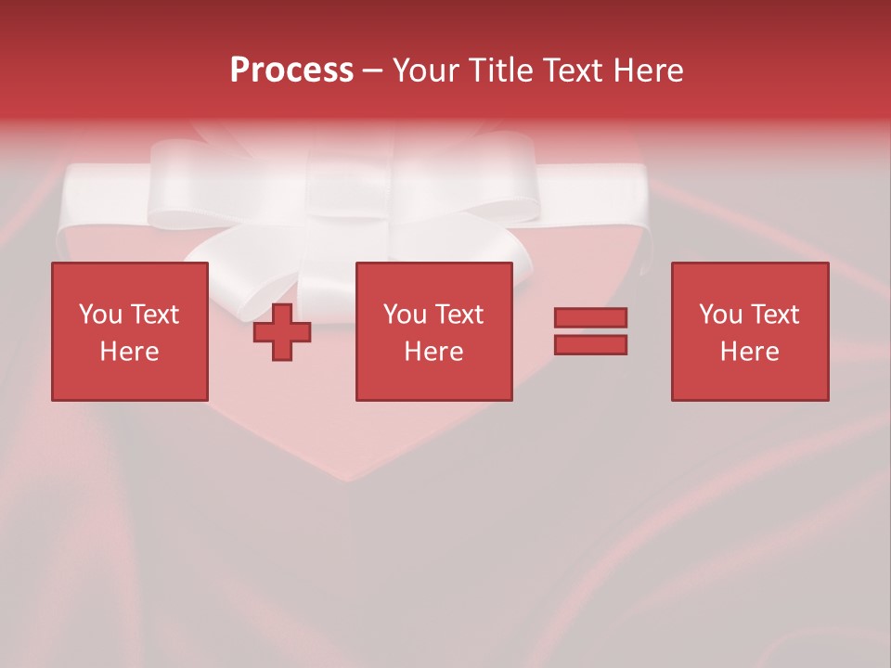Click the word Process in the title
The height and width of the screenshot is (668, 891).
291,71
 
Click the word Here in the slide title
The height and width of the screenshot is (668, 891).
649,71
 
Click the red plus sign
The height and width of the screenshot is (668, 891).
282,332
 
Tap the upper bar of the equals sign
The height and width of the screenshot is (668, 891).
590,317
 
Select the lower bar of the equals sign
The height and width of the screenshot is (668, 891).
590,345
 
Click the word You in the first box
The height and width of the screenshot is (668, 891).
100,315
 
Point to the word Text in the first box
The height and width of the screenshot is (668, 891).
154,315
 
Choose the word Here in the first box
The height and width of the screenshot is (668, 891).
129,352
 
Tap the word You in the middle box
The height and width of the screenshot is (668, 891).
405,315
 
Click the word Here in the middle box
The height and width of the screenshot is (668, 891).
433,352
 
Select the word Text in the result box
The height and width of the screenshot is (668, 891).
774,315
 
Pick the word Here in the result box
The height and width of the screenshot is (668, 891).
749,352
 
